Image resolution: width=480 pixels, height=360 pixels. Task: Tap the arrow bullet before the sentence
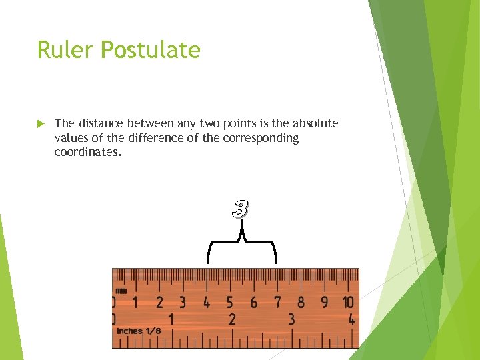pyautogui.click(x=41, y=123)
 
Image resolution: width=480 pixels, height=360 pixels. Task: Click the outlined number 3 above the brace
pyautogui.click(x=240, y=209)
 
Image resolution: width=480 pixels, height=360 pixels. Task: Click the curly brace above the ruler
pyautogui.click(x=242, y=243)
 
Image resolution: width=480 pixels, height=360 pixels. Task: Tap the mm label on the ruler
pyautogui.click(x=121, y=291)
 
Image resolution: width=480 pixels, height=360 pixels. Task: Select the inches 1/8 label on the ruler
pyautogui.click(x=139, y=331)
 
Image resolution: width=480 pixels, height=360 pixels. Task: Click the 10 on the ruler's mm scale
pyautogui.click(x=348, y=302)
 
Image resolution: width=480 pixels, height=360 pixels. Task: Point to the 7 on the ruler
pyautogui.click(x=277, y=302)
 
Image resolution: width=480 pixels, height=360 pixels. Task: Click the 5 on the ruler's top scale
pyautogui.click(x=230, y=302)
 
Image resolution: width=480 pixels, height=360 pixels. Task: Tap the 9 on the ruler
pyautogui.click(x=325, y=302)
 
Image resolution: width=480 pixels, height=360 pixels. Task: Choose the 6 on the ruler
pyautogui.click(x=253, y=302)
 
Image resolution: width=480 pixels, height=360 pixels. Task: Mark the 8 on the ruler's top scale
pyautogui.click(x=301, y=302)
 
